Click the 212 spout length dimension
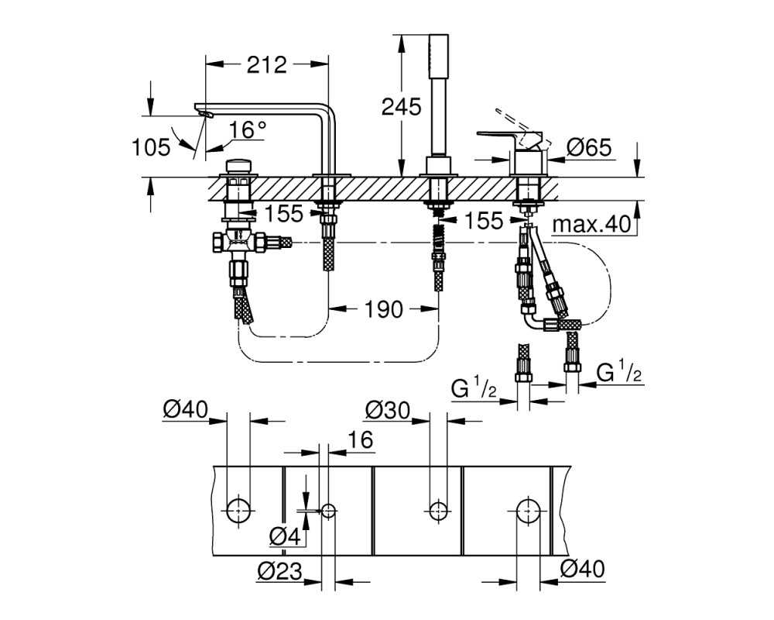[x=266, y=65]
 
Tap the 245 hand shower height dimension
[x=401, y=107]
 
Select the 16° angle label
[x=247, y=130]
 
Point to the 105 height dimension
[x=151, y=146]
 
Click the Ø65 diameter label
[x=589, y=146]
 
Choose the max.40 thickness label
[x=591, y=224]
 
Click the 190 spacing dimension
[x=384, y=309]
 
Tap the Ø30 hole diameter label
[x=388, y=410]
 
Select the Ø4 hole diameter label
[x=286, y=536]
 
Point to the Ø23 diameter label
[x=279, y=571]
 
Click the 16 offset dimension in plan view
[x=361, y=439]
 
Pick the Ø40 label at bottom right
[x=583, y=569]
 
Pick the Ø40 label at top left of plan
[x=186, y=410]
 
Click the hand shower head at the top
[x=438, y=55]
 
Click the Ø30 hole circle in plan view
[x=438, y=510]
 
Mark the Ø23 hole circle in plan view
[x=329, y=510]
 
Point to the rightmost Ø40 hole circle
[x=528, y=510]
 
